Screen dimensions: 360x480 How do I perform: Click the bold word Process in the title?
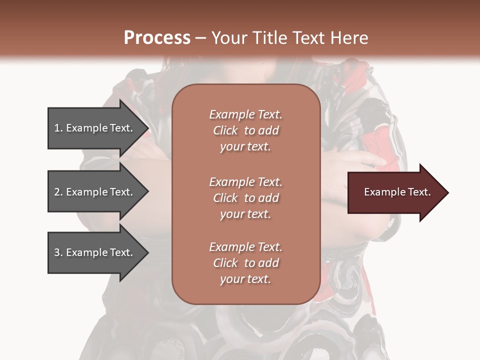[157, 38]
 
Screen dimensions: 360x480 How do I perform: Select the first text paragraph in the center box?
[245, 130]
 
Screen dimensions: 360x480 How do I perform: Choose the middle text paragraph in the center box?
[245, 197]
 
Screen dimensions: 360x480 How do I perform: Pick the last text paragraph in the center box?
[245, 263]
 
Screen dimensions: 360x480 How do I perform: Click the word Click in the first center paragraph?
[225, 130]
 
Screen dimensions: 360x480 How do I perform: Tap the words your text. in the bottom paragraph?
[245, 279]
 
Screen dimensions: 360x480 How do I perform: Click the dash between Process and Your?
[201, 38]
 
